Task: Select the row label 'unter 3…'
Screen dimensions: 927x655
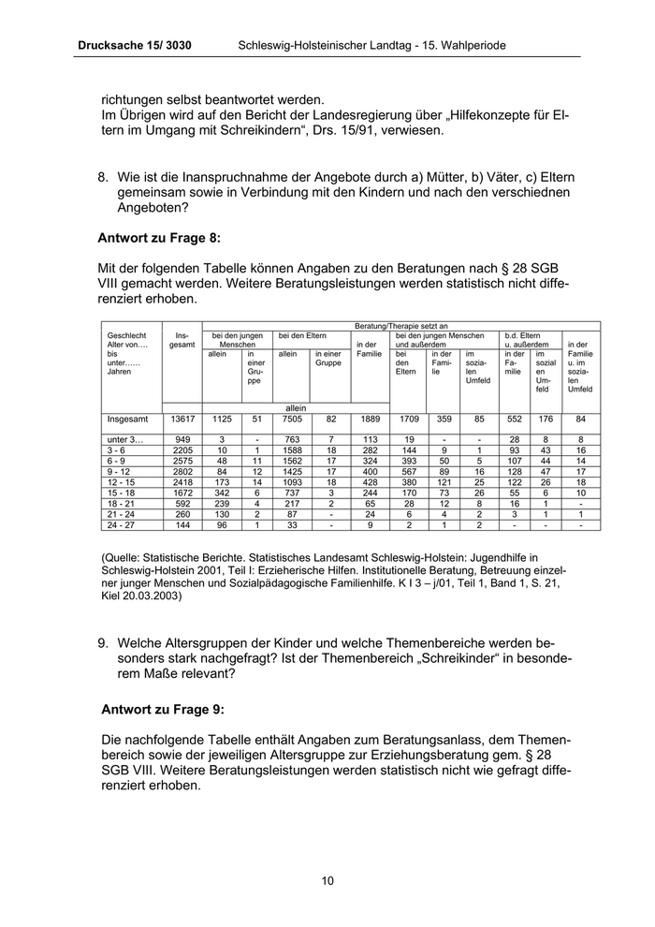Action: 125,439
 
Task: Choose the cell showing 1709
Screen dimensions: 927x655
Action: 409,419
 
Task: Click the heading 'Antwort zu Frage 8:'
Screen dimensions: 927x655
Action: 159,238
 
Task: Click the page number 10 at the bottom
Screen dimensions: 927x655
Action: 327,880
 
